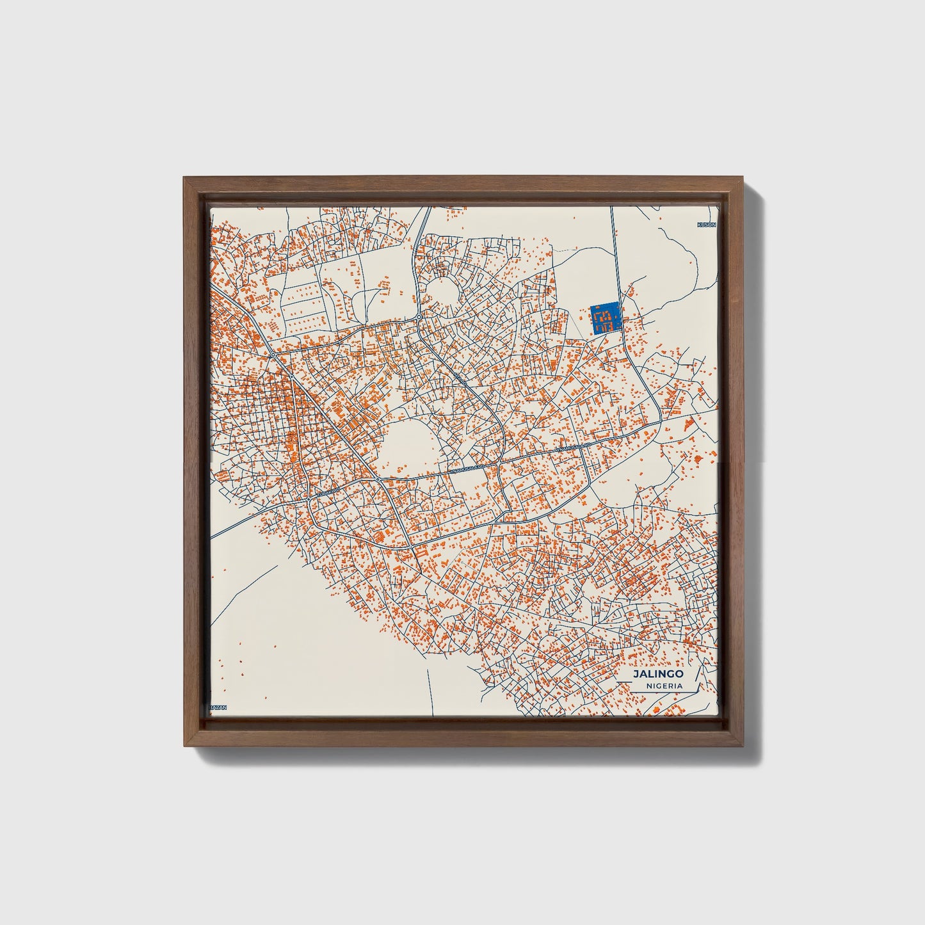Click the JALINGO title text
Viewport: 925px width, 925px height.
657,674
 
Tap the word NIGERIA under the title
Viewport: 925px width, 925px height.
663,686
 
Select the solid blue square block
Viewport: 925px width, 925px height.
605,318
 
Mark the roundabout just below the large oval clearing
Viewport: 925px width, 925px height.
378,479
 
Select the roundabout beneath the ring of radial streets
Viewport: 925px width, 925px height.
418,317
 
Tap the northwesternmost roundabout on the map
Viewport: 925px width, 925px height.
273,354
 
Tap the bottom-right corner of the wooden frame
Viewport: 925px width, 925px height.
744,746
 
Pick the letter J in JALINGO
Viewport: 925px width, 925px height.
636,674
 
